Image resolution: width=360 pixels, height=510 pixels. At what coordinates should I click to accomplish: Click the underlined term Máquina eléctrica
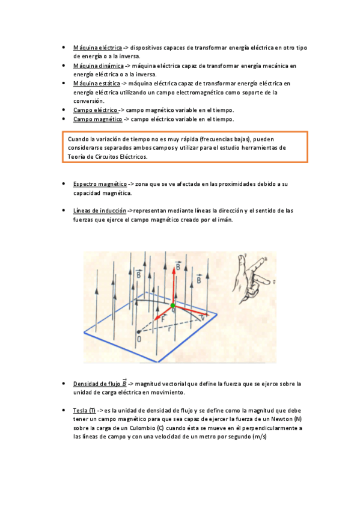tap(97, 47)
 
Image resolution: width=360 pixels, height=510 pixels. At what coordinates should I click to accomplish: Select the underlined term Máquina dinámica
tap(98, 66)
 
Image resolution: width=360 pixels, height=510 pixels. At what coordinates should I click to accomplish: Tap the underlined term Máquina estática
tap(96, 84)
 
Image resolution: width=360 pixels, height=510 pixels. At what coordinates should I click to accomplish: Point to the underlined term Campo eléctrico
tap(95, 110)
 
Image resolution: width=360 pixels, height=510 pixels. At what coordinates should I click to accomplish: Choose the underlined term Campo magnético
tap(97, 119)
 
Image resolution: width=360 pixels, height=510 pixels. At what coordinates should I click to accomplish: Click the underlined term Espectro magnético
tap(100, 183)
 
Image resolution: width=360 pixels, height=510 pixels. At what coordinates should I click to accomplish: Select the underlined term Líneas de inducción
tap(100, 210)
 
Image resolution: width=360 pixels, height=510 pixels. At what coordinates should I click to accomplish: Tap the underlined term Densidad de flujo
tap(96, 383)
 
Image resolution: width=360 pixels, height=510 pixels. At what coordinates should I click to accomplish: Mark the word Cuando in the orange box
tap(78, 138)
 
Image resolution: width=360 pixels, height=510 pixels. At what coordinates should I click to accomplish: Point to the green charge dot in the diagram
tap(173, 306)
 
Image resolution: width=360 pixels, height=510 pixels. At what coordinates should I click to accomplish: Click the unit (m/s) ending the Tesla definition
tap(259, 437)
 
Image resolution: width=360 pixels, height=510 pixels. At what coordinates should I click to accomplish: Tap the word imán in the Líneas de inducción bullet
tap(223, 220)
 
